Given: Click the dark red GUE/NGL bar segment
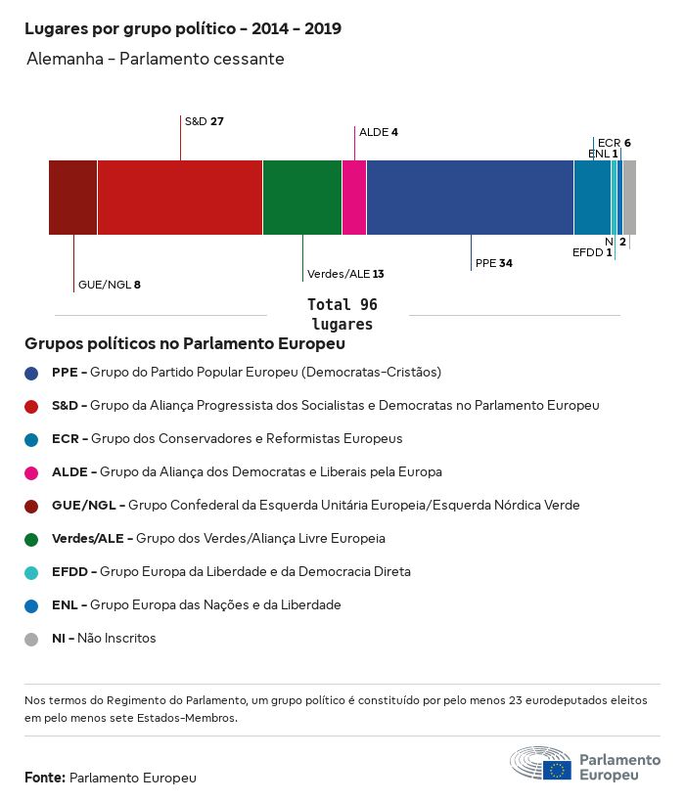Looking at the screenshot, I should pyautogui.click(x=72, y=198).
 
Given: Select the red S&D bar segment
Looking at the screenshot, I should pyautogui.click(x=180, y=198).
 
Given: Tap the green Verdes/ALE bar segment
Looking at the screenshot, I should pyautogui.click(x=302, y=198).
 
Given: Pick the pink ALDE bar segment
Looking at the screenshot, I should pyautogui.click(x=354, y=198).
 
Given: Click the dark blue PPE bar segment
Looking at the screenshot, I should pyautogui.click(x=470, y=198).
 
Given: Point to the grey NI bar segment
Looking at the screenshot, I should pyautogui.click(x=629, y=198).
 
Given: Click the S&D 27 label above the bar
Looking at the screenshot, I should pyautogui.click(x=205, y=121).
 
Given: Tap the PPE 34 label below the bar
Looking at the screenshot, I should pyautogui.click(x=493, y=263).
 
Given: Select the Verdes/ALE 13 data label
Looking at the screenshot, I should pyautogui.click(x=345, y=274).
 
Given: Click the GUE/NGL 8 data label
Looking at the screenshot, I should pyautogui.click(x=110, y=285).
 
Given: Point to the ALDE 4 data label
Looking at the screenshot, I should pyautogui.click(x=379, y=132).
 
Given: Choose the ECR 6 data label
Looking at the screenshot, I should pyautogui.click(x=614, y=143).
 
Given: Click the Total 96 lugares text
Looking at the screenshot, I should pyautogui.click(x=342, y=314).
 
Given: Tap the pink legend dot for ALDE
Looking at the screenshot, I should pyautogui.click(x=32, y=472).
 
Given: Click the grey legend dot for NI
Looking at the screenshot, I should pyautogui.click(x=32, y=639).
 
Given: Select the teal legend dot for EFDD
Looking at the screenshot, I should pyautogui.click(x=32, y=572).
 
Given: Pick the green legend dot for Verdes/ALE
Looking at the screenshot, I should pyautogui.click(x=32, y=539).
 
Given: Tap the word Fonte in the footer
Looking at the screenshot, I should pyautogui.click(x=45, y=778).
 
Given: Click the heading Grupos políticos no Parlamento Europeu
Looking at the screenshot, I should pyautogui.click(x=185, y=344).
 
